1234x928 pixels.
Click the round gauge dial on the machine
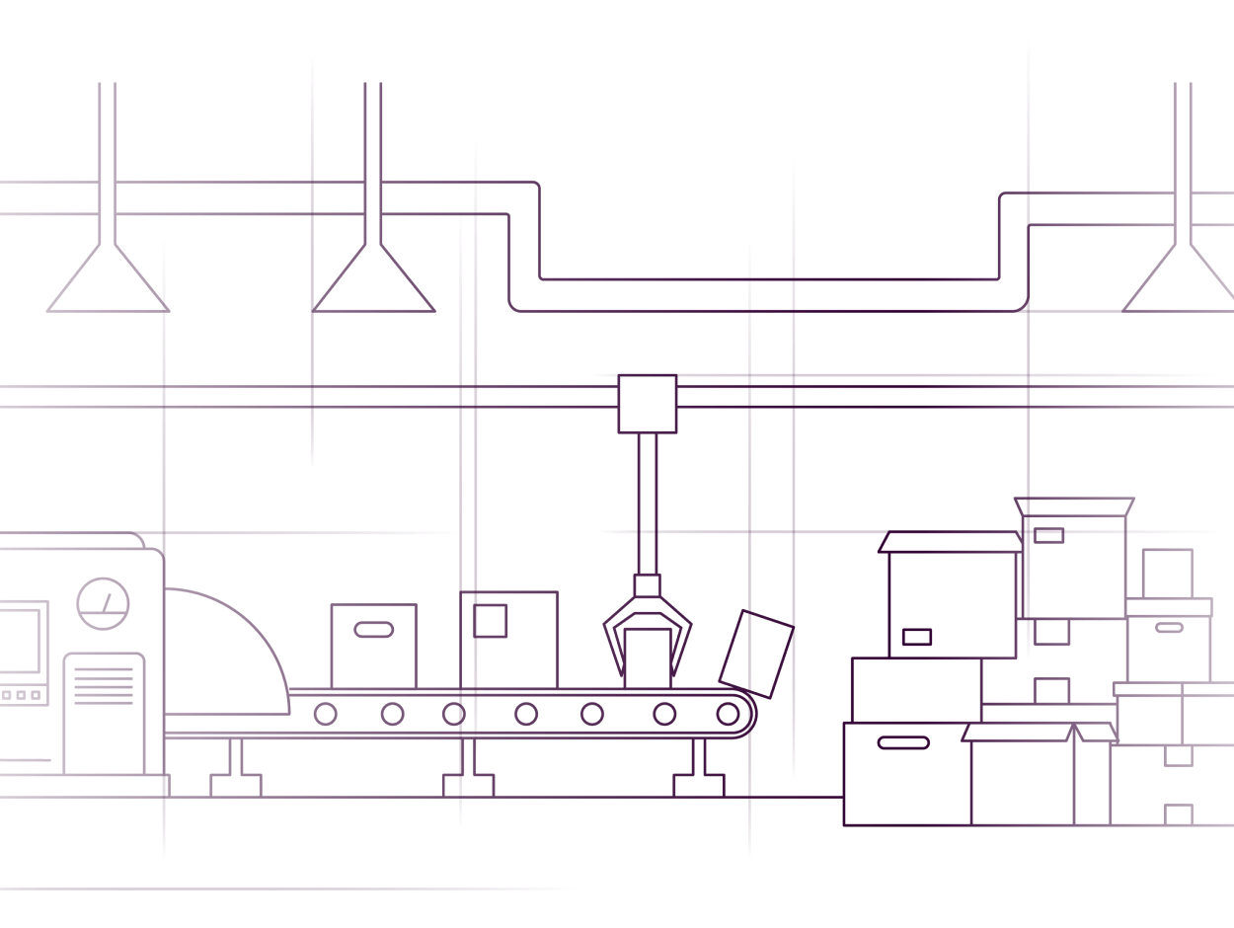tap(103, 603)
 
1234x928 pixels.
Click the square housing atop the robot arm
tap(648, 404)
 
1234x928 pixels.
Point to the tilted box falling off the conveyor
tap(756, 653)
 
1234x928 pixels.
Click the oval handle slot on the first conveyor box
tap(372, 630)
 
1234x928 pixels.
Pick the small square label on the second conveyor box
tap(492, 620)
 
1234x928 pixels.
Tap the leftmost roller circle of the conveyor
tap(325, 713)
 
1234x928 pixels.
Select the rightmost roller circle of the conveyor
tap(728, 713)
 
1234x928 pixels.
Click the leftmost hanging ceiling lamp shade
tap(107, 281)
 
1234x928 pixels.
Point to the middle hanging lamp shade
tap(373, 281)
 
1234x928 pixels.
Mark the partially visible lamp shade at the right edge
tap(1185, 281)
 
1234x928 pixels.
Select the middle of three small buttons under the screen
tap(21, 696)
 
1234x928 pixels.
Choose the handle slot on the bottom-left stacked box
tap(903, 742)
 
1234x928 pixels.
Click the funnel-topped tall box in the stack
tap(1073, 563)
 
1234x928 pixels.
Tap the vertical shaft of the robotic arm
tap(648, 503)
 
